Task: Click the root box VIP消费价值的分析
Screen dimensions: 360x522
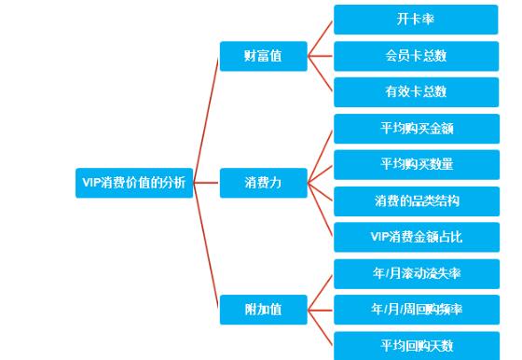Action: click(133, 183)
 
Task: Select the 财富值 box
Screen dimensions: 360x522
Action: click(263, 55)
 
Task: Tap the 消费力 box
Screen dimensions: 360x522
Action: click(263, 183)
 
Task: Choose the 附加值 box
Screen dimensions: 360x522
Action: click(263, 309)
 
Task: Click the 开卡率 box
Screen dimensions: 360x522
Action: click(416, 19)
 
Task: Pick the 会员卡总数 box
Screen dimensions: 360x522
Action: click(416, 55)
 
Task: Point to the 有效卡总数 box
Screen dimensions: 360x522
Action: click(416, 91)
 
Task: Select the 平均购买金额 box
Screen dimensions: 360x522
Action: click(416, 128)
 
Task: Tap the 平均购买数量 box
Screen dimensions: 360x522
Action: click(416, 164)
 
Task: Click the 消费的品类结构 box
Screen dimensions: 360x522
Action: click(416, 201)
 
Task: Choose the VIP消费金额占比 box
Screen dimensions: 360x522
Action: click(416, 237)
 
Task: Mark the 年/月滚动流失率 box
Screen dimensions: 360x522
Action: click(416, 273)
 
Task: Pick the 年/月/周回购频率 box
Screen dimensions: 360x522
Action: click(416, 310)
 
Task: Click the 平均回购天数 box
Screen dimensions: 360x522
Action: click(416, 345)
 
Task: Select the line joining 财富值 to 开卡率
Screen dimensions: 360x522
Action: click(320, 37)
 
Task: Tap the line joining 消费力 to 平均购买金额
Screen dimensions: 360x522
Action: click(320, 156)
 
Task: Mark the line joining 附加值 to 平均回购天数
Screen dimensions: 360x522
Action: click(320, 327)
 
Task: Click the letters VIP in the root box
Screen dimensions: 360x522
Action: click(89, 183)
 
